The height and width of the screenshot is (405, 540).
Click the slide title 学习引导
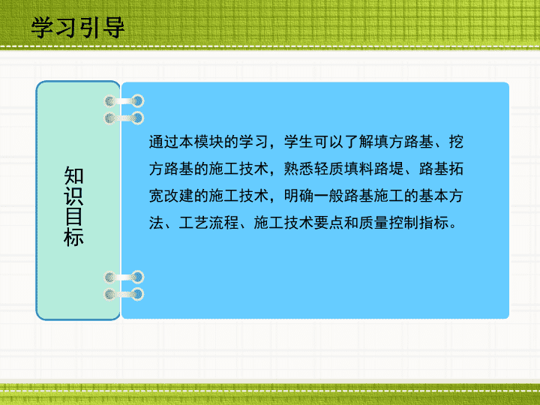(77, 28)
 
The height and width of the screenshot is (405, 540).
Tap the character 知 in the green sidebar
(73, 175)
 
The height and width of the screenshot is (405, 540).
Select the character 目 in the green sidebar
(73, 216)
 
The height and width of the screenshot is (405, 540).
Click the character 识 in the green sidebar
(73, 196)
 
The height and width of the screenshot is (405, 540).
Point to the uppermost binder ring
(124, 101)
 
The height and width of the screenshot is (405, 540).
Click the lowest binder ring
(124, 294)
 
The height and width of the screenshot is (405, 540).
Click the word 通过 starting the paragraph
(164, 142)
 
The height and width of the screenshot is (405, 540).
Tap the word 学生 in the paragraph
(299, 142)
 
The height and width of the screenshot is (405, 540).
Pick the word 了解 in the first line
(358, 142)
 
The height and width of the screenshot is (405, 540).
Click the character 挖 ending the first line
(456, 142)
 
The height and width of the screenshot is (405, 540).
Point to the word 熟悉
(299, 169)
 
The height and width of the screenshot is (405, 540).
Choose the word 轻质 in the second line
(329, 169)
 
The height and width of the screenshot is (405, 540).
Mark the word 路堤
(388, 169)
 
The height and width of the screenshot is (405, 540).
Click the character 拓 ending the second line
(456, 169)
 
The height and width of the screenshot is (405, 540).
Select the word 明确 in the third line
(299, 196)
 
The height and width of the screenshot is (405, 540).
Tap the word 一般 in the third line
(329, 196)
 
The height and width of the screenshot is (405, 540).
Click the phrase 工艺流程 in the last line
(209, 223)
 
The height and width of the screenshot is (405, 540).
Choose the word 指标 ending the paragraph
(434, 223)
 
